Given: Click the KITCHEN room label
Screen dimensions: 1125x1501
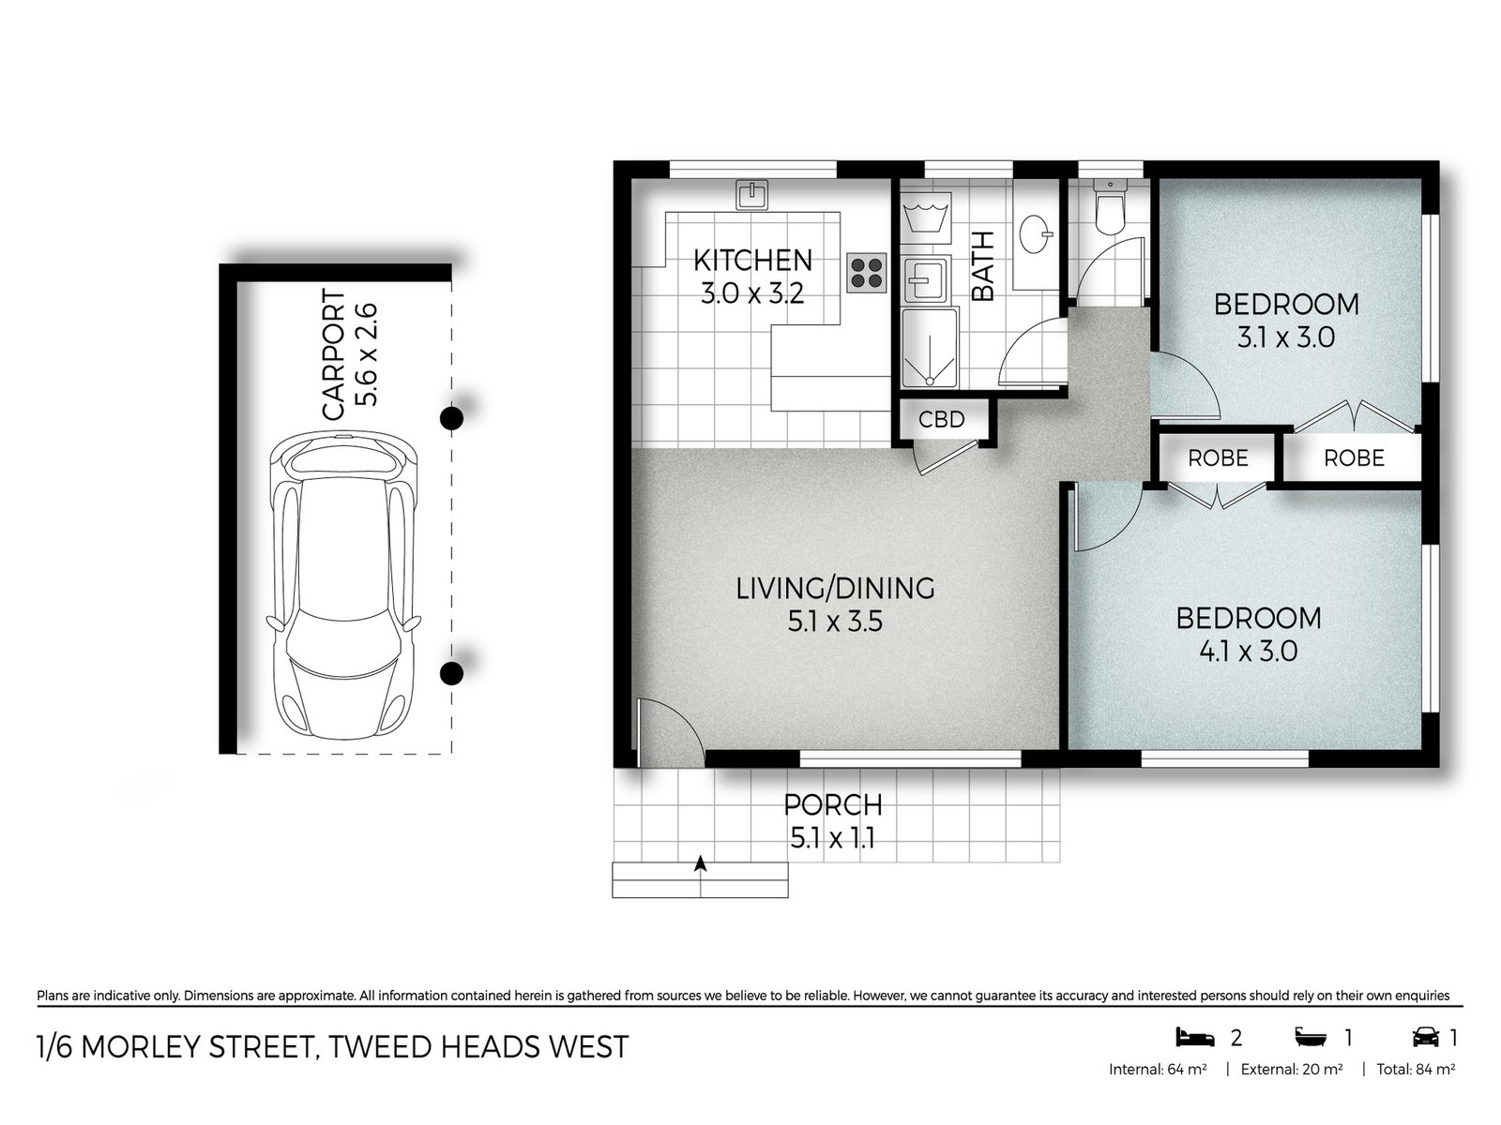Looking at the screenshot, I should click(x=752, y=260).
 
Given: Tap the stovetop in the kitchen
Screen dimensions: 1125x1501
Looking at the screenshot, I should click(x=866, y=273).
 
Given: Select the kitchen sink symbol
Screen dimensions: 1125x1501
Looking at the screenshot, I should click(x=751, y=194).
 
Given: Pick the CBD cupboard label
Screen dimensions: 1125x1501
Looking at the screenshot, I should click(x=941, y=419).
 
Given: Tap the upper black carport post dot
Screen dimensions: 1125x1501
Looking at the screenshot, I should click(x=452, y=418).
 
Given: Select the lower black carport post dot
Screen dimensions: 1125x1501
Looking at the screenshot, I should click(x=452, y=672).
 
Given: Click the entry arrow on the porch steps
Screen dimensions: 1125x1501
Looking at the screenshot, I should click(x=700, y=864).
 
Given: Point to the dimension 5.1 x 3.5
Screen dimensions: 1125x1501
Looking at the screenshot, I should click(x=835, y=622).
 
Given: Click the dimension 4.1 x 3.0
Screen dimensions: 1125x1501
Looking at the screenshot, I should click(x=1248, y=651).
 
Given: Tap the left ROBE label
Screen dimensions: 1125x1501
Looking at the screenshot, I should click(x=1218, y=458).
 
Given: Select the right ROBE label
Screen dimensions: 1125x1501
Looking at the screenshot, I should click(x=1354, y=458).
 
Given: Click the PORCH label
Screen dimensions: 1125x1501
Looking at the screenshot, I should click(x=833, y=804).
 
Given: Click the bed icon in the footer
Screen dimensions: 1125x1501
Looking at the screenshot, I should click(x=1194, y=1037).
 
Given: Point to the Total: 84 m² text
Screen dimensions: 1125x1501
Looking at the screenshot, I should click(x=1416, y=1069).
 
